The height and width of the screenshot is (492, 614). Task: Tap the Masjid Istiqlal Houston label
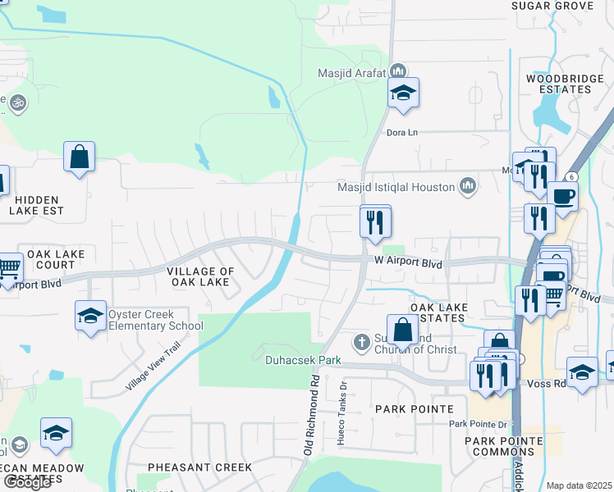(x=396, y=187)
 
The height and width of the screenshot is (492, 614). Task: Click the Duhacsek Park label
(x=303, y=359)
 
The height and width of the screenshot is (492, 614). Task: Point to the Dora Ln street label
(x=402, y=131)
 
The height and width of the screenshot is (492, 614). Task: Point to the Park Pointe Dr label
(x=478, y=424)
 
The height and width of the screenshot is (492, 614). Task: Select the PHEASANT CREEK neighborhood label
(x=199, y=467)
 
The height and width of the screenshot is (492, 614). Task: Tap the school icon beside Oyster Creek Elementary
(x=90, y=316)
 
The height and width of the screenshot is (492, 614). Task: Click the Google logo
(x=26, y=482)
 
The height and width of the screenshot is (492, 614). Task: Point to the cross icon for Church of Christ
(x=360, y=341)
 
